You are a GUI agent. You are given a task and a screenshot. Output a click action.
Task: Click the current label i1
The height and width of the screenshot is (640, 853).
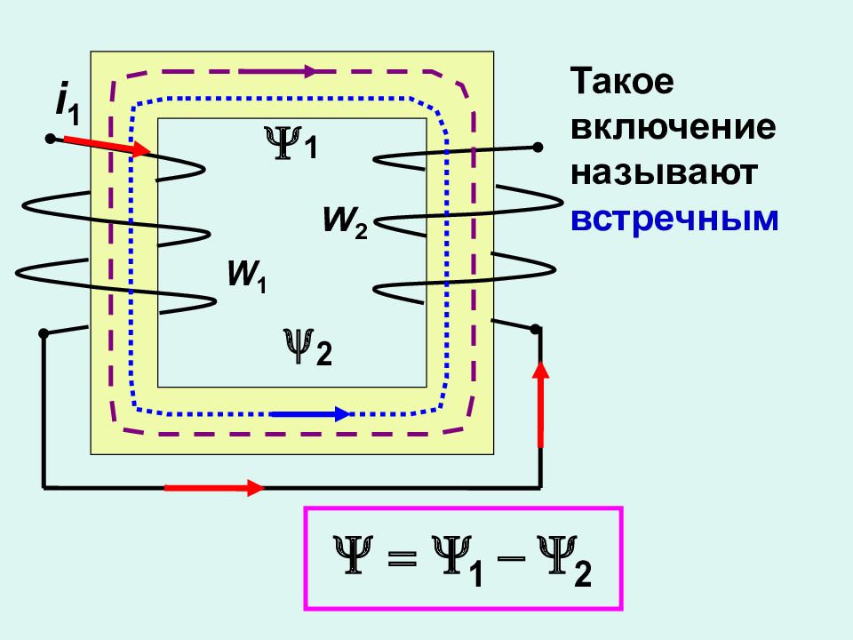[68, 106]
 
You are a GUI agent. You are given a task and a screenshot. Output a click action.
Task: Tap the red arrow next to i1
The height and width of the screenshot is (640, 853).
[108, 146]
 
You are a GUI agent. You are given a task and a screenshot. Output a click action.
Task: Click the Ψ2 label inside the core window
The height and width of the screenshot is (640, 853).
[307, 348]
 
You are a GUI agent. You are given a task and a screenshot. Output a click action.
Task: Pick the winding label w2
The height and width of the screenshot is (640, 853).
[346, 222]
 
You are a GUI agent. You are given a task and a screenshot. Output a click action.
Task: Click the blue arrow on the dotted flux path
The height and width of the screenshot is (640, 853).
[311, 414]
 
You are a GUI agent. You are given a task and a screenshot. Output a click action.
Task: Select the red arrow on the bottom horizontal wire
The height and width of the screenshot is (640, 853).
[214, 488]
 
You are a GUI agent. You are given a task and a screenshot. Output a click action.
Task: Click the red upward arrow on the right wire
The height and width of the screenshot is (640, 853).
[540, 404]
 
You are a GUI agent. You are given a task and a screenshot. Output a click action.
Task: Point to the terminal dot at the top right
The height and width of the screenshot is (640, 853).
[538, 147]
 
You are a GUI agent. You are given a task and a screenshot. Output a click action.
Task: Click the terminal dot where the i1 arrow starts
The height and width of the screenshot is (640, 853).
[50, 140]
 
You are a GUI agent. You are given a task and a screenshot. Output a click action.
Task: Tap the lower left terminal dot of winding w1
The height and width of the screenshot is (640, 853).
[44, 333]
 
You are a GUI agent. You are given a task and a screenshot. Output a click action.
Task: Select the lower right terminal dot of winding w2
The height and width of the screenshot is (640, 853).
[535, 329]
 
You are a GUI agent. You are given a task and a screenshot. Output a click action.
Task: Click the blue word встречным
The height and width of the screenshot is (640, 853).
[674, 220]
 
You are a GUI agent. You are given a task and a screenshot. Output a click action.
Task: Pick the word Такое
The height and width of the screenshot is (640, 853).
[622, 81]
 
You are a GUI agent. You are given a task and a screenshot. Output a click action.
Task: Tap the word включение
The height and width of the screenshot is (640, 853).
[673, 127]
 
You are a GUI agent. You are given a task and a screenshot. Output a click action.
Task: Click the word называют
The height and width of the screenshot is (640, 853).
[664, 173]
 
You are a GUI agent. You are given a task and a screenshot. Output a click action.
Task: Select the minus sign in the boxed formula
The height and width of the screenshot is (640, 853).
[512, 558]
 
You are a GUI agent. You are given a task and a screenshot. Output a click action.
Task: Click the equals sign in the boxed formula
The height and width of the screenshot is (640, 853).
[403, 558]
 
